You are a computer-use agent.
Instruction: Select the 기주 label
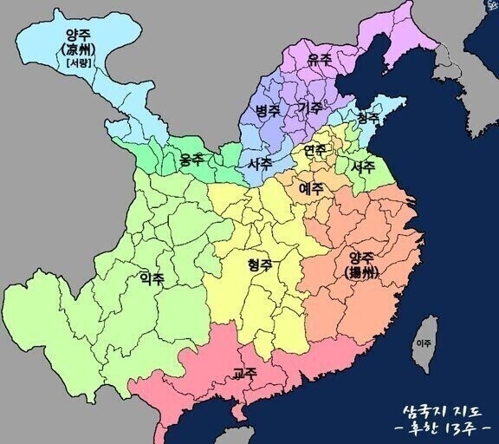pyautogui.click(x=309, y=108)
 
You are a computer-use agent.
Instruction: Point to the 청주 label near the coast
pyautogui.click(x=367, y=117)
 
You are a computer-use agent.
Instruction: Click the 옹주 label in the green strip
pyautogui.click(x=191, y=160)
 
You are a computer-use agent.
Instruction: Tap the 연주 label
pyautogui.click(x=314, y=151)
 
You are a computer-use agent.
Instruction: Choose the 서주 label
pyautogui.click(x=363, y=166)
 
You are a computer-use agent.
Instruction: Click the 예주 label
pyautogui.click(x=311, y=187)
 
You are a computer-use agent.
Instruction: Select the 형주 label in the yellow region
pyautogui.click(x=260, y=264)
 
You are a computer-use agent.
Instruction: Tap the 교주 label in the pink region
pyautogui.click(x=244, y=374)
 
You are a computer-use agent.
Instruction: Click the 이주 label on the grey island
pyautogui.click(x=424, y=343)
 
